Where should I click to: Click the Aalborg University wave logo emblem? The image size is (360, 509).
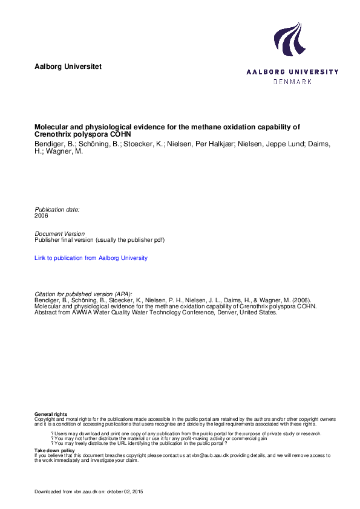pos(288,39)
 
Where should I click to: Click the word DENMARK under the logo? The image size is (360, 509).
pos(293,81)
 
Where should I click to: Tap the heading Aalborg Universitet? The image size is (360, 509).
pos(68,66)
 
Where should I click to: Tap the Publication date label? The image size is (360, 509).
pos(57,209)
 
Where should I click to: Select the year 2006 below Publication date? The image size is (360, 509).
pos(42,215)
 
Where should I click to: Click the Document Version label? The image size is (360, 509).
pos(60,233)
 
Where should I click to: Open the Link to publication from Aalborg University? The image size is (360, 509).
pos(91,258)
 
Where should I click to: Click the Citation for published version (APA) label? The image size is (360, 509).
pos(83,293)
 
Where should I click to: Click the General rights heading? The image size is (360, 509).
pos(51,413)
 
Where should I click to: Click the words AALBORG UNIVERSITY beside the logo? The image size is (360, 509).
pos(292,72)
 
